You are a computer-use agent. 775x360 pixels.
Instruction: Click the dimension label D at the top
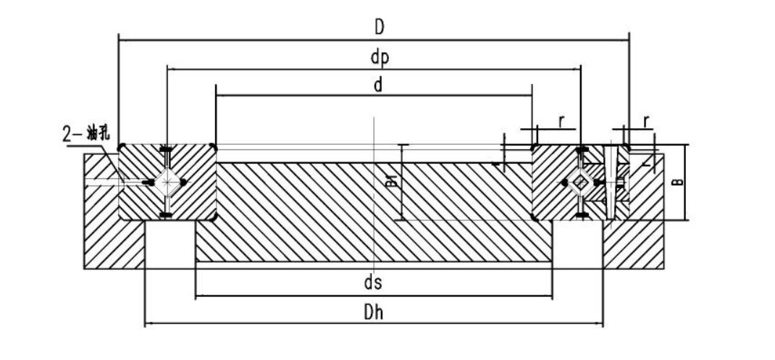[379, 28]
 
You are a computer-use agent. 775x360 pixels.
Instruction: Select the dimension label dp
[380, 58]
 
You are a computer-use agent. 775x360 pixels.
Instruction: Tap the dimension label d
[378, 85]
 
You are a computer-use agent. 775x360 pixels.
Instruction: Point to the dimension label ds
[373, 282]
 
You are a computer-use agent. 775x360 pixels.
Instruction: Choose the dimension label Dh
[374, 312]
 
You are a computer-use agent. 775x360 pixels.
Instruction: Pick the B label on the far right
[679, 182]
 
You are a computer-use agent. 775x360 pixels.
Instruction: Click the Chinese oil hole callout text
[86, 134]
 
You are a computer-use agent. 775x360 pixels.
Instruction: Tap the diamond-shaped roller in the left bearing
[167, 183]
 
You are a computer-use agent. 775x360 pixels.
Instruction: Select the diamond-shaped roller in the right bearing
[581, 183]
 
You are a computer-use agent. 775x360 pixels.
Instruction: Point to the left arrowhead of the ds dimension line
[198, 296]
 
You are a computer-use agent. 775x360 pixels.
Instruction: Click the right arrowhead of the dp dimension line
[577, 70]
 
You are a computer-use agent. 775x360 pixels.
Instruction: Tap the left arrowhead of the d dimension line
[219, 95]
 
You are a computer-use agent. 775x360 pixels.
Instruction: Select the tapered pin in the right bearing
[611, 183]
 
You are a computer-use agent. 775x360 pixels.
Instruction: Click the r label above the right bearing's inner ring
[561, 121]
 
